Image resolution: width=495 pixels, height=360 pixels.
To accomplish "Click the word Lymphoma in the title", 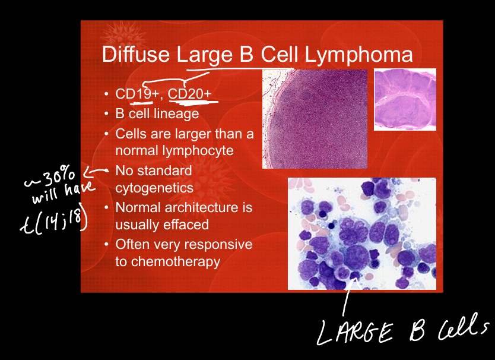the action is pos(358,55).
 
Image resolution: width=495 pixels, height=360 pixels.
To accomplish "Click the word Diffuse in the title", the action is pos(136,54).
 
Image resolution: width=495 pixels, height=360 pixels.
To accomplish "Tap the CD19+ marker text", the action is pos(137,93).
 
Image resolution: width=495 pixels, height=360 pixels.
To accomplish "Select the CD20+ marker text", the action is pos(189,93).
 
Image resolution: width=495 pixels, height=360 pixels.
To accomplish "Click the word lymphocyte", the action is pos(174,151).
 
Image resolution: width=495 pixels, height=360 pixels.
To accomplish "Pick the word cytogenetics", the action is pos(154,188).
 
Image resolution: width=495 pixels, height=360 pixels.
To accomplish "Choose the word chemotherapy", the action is pos(176,262).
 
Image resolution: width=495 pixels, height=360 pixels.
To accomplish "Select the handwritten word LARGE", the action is pos(355,332).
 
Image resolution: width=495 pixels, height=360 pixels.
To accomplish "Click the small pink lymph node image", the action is pos(405,100).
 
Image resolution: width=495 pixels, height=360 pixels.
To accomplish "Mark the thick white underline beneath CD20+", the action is pos(193,102).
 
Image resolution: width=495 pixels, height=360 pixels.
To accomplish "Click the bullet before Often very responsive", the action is pos(106,245).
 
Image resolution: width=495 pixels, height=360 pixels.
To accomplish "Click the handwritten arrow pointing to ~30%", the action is pos(96,172).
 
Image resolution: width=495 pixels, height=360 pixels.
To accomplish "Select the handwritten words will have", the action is pos(63,192).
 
